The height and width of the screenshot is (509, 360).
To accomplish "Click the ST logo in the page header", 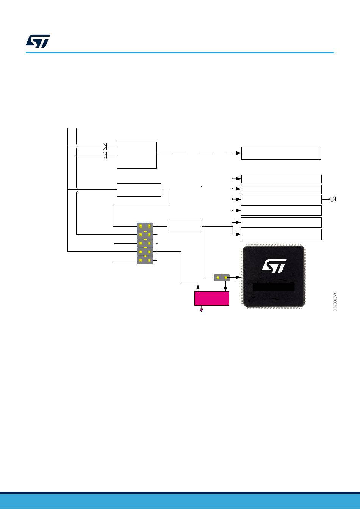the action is point(38,41).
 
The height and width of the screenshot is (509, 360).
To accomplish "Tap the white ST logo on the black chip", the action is point(274,266).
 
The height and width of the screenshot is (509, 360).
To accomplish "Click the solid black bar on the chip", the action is point(274,287).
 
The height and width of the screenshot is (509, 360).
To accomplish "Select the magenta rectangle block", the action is point(211,298).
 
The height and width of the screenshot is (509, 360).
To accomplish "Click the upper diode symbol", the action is point(105,147).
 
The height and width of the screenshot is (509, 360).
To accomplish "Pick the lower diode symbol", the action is point(105,155).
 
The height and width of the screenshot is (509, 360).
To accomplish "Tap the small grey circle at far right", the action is point(332,200).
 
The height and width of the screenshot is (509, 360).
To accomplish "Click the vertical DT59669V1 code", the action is point(335,301).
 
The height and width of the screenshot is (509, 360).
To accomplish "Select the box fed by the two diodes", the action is point(137,155).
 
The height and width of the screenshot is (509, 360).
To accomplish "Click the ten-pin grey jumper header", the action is point(145,243).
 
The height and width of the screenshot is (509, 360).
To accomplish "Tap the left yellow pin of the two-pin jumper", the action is point(218,278).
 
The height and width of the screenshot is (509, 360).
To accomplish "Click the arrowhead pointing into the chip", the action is point(238,278).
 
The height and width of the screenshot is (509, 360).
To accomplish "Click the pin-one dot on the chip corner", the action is point(249,301).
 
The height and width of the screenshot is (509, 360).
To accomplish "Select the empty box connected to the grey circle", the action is point(281,200).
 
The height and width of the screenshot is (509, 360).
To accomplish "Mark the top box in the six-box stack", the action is point(281,179).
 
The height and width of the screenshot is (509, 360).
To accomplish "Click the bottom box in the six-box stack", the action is point(281,234).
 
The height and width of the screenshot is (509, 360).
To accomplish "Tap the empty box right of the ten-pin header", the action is point(184,226).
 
